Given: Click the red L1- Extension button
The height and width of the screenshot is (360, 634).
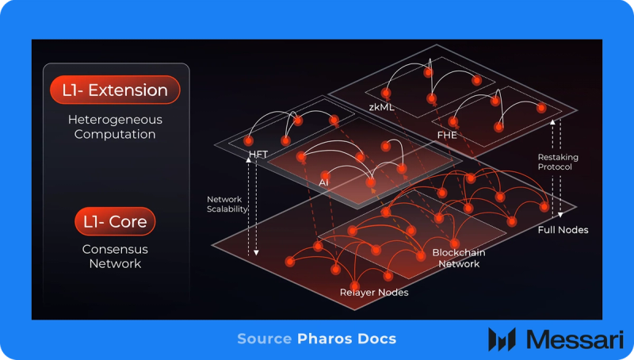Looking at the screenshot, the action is pos(115,90).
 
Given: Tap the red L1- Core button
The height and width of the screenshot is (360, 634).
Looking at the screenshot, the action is pos(115,221).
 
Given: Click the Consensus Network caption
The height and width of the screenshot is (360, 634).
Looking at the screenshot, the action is pos(115,256).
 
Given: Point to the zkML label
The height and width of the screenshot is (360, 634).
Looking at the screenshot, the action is pos(382,105).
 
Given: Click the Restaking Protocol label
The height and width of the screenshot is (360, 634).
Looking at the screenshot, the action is pos(558,163).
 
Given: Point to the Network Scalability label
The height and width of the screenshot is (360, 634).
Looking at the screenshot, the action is pos(227,204).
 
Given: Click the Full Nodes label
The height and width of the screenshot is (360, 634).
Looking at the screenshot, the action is pos(563,230).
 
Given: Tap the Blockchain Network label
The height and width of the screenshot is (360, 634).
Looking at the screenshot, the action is pos(459,259).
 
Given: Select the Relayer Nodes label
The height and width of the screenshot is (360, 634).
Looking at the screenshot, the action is pos(374,293).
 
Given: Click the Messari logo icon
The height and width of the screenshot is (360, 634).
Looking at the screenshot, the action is pos(502,339).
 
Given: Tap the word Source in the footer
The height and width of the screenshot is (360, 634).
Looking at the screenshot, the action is pos(264,339).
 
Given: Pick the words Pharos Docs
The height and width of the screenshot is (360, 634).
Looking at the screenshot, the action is pos(347,339).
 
